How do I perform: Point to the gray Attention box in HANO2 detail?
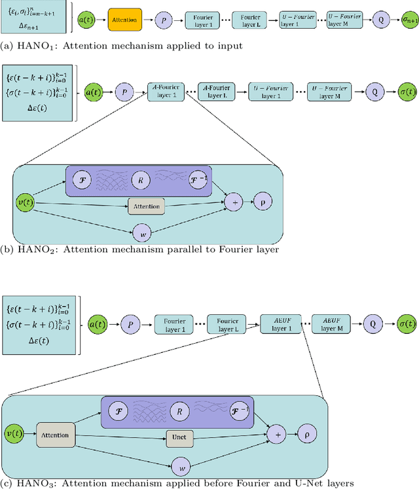[147, 206]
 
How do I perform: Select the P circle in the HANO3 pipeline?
[132, 323]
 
